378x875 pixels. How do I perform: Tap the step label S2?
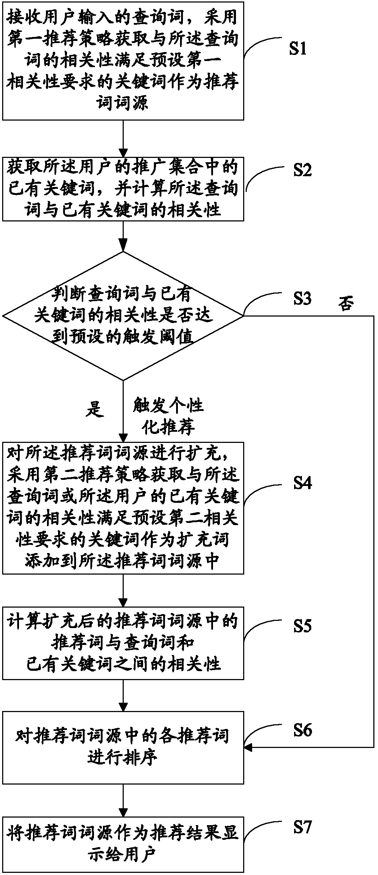point(302,170)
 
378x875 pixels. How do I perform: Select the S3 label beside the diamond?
point(302,299)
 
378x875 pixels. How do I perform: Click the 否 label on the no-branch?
point(346,304)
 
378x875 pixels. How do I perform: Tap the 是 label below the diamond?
point(95,408)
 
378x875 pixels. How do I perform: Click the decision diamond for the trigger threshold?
point(123,316)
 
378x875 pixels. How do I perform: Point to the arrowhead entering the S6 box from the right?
point(247,748)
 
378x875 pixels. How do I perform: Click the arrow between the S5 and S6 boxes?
point(123,695)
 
